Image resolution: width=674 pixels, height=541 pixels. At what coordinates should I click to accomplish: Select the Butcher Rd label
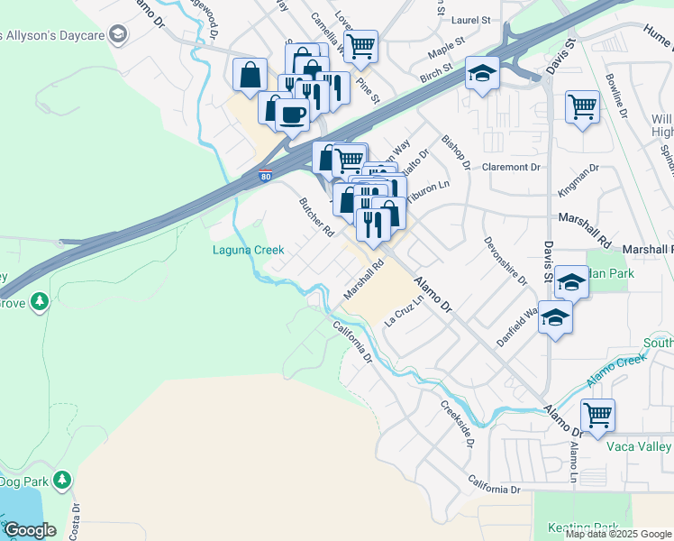(x=316, y=216)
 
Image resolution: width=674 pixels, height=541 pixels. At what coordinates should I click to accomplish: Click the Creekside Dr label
(x=457, y=419)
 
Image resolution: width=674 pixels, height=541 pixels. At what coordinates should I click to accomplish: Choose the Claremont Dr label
(x=510, y=167)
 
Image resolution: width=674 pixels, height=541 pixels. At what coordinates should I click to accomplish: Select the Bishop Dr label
(x=456, y=151)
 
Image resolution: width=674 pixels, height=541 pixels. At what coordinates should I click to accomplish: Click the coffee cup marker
(x=292, y=115)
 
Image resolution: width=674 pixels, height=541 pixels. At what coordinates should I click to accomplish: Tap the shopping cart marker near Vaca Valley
(x=597, y=416)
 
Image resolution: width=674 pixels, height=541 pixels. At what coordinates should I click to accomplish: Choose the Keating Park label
(x=583, y=527)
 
